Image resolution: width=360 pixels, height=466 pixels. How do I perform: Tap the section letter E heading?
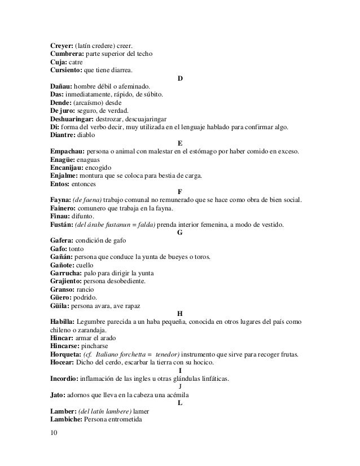[179, 143]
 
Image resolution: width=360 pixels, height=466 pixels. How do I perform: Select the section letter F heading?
[179, 192]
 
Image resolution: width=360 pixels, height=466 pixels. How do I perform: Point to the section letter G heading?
[179, 232]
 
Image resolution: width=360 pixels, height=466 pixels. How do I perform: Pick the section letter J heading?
[179, 386]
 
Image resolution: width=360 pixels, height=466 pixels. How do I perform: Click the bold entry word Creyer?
[62, 45]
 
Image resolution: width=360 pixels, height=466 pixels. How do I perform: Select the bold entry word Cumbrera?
[67, 54]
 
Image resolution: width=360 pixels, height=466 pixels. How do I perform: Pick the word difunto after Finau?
[84, 217]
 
